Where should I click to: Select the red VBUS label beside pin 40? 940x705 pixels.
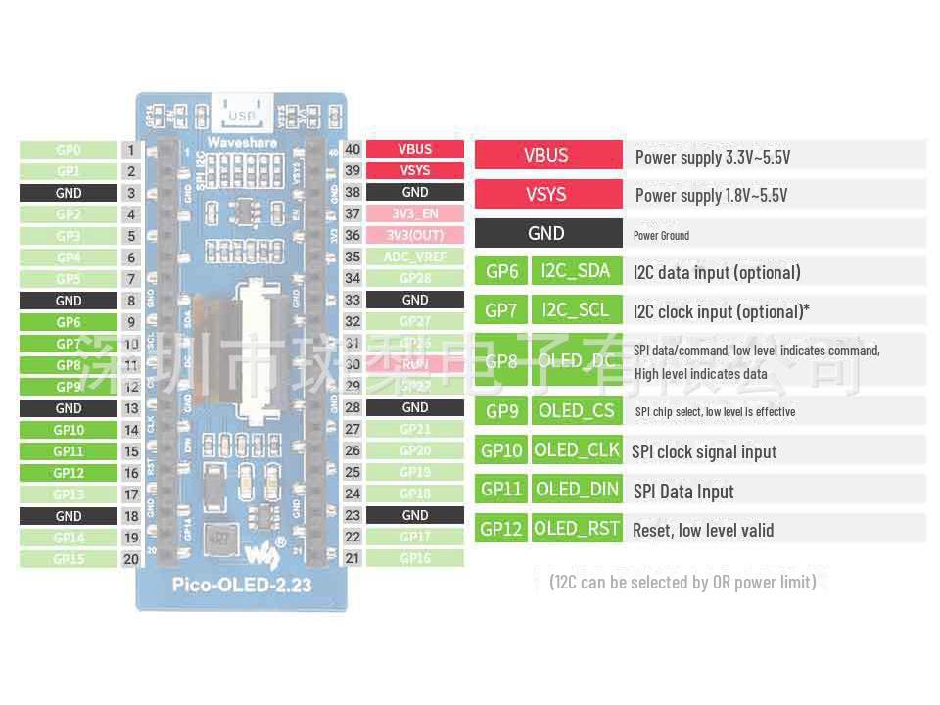click(414, 150)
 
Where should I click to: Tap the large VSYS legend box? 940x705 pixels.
click(547, 194)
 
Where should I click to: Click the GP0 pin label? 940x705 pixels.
click(69, 150)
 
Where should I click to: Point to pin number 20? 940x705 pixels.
click(131, 559)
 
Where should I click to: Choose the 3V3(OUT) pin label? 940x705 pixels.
click(414, 236)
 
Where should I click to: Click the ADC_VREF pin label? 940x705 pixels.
click(414, 258)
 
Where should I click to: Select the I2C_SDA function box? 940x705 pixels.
click(576, 271)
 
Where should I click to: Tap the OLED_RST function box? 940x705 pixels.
click(577, 529)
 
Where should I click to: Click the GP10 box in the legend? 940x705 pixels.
click(501, 450)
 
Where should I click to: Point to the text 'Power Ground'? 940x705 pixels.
click(661, 235)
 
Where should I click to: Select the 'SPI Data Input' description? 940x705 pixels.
click(683, 492)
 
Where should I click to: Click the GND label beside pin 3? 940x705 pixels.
click(69, 193)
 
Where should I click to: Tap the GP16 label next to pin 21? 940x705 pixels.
click(414, 558)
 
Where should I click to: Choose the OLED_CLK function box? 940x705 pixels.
click(577, 450)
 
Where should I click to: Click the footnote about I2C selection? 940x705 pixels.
click(682, 582)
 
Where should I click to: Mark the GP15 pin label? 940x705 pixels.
click(69, 559)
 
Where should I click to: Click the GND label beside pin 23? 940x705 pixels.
click(414, 515)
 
